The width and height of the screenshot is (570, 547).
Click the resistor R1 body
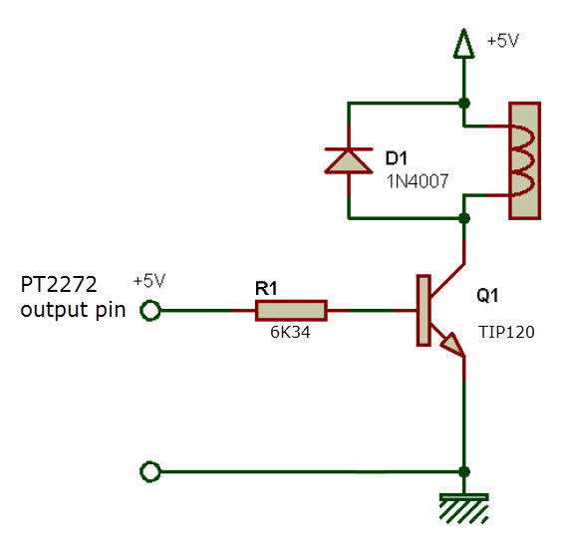click(291, 311)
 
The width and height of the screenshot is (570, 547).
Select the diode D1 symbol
click(349, 160)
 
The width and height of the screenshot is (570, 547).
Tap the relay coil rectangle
click(524, 160)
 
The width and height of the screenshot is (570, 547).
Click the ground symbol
click(464, 509)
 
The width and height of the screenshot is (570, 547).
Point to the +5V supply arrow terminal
click(463, 43)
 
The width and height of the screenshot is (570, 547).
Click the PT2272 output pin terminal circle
click(150, 311)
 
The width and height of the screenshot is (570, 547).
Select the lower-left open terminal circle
click(150, 471)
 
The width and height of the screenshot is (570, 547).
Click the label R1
click(267, 288)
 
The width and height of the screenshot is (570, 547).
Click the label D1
click(397, 157)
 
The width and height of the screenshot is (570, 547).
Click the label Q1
click(488, 296)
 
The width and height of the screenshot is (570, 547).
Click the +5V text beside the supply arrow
click(503, 42)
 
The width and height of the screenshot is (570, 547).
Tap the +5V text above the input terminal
click(149, 281)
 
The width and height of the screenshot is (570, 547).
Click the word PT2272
click(57, 287)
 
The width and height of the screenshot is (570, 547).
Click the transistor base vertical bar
click(423, 311)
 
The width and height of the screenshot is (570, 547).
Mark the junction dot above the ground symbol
click(464, 471)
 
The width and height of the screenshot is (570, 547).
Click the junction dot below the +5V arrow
click(464, 103)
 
